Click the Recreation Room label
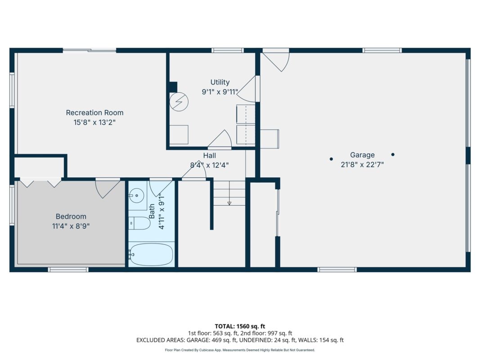pos(94,112)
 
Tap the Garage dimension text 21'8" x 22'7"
pos(362,164)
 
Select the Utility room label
pos(220,82)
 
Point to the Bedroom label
pos(71,216)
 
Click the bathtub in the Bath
pos(151,254)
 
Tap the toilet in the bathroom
pos(139,223)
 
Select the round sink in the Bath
pos(136,195)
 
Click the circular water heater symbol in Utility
pos(179,102)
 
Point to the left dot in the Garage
pos(331,159)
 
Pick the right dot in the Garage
pos(393,155)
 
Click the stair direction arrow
pos(229,202)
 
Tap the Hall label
pos(209,156)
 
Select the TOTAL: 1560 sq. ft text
pos(240,326)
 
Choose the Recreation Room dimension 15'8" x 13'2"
pos(94,122)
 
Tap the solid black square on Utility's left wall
pos(173,87)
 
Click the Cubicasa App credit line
pos(240,350)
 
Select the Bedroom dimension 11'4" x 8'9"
pos(71,226)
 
